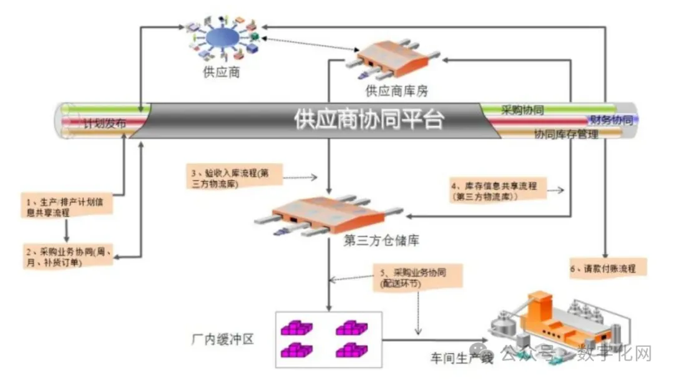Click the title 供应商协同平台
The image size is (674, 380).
(x=369, y=119)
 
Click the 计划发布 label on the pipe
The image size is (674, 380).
(x=105, y=124)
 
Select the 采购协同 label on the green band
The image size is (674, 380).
(x=522, y=110)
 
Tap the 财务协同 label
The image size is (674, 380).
(x=611, y=120)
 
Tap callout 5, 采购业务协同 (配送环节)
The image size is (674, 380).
(x=418, y=278)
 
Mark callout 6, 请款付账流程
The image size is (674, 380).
(x=608, y=268)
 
